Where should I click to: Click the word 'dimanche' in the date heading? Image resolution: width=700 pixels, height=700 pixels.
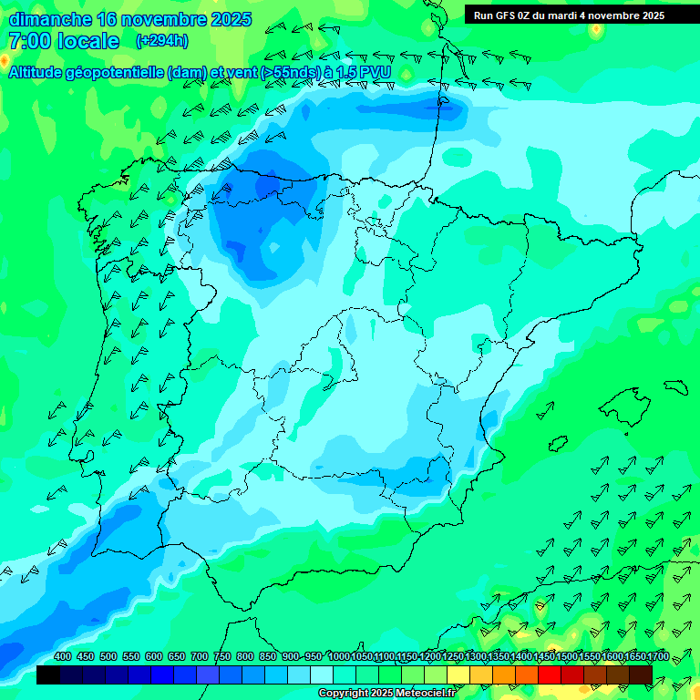50,19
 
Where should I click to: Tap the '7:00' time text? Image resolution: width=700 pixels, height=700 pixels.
28,41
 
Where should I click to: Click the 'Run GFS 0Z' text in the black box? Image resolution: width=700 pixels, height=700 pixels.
505,15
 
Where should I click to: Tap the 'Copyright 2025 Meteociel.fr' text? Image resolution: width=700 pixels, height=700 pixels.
386,694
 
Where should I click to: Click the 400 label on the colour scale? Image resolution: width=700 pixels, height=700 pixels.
63,657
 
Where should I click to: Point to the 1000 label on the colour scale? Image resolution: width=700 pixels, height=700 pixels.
339,657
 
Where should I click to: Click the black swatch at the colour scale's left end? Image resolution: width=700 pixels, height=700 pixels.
48,674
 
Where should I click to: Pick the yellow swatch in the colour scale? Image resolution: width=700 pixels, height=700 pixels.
458,674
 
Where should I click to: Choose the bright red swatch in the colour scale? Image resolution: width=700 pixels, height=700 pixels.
550,674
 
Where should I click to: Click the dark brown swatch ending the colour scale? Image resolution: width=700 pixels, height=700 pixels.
641,674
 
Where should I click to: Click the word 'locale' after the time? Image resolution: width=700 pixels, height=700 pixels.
88,41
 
